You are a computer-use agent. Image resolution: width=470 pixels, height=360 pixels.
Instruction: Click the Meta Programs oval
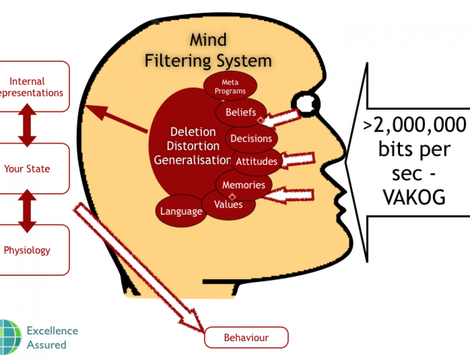click(x=230, y=86)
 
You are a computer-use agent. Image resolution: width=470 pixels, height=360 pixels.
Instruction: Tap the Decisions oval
click(x=251, y=139)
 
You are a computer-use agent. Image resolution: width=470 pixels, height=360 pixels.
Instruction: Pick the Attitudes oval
click(x=257, y=161)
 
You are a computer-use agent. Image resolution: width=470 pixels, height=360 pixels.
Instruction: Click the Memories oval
click(x=243, y=185)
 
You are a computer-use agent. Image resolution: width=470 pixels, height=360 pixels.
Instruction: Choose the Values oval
click(x=228, y=205)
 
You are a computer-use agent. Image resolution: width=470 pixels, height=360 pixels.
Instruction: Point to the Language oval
click(x=181, y=211)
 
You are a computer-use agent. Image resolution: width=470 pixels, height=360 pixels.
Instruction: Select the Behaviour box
click(x=246, y=337)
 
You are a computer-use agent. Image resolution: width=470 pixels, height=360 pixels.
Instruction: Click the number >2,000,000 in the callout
click(x=414, y=126)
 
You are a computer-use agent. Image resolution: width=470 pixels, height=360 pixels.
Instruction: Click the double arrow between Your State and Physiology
click(x=27, y=210)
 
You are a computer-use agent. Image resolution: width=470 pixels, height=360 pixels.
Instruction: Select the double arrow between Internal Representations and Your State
click(x=27, y=127)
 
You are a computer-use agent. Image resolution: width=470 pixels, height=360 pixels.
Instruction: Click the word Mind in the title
click(x=208, y=40)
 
